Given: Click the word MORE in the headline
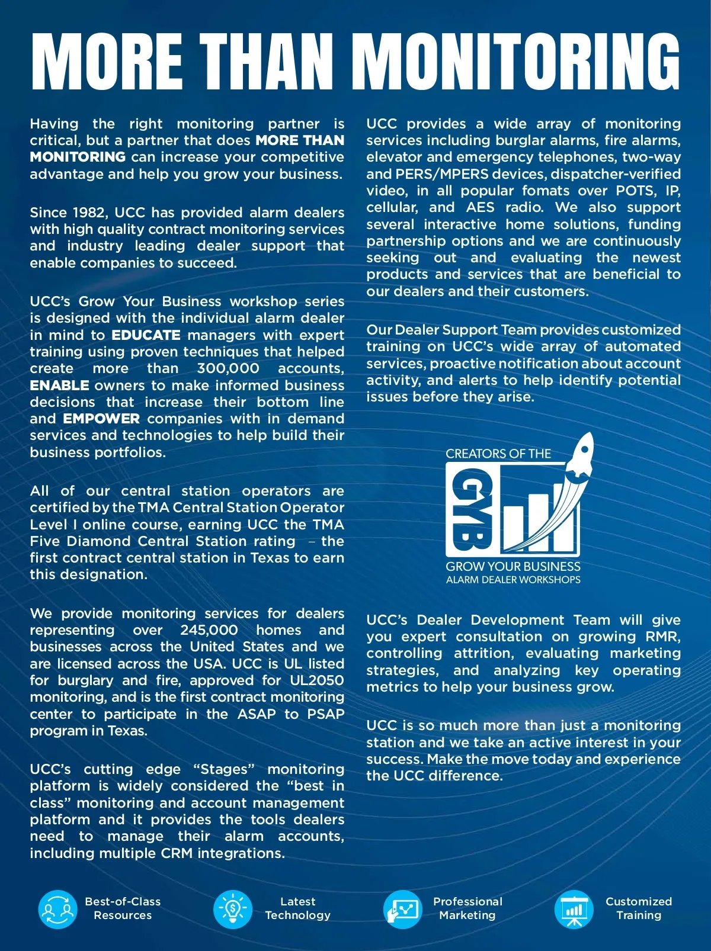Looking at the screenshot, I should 107,60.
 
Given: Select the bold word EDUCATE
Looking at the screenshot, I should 146,335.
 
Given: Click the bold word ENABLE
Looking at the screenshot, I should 59,385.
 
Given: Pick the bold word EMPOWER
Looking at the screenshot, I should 101,419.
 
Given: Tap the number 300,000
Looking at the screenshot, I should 228,368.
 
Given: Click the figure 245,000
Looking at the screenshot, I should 209,630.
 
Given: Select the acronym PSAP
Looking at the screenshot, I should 325,714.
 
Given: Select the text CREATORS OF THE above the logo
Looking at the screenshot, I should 498,454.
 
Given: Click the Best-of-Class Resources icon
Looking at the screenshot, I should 57,910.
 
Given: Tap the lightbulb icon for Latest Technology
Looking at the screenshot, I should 233,910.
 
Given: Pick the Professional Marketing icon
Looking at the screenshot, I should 402,910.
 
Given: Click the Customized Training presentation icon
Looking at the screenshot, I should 574,910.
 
